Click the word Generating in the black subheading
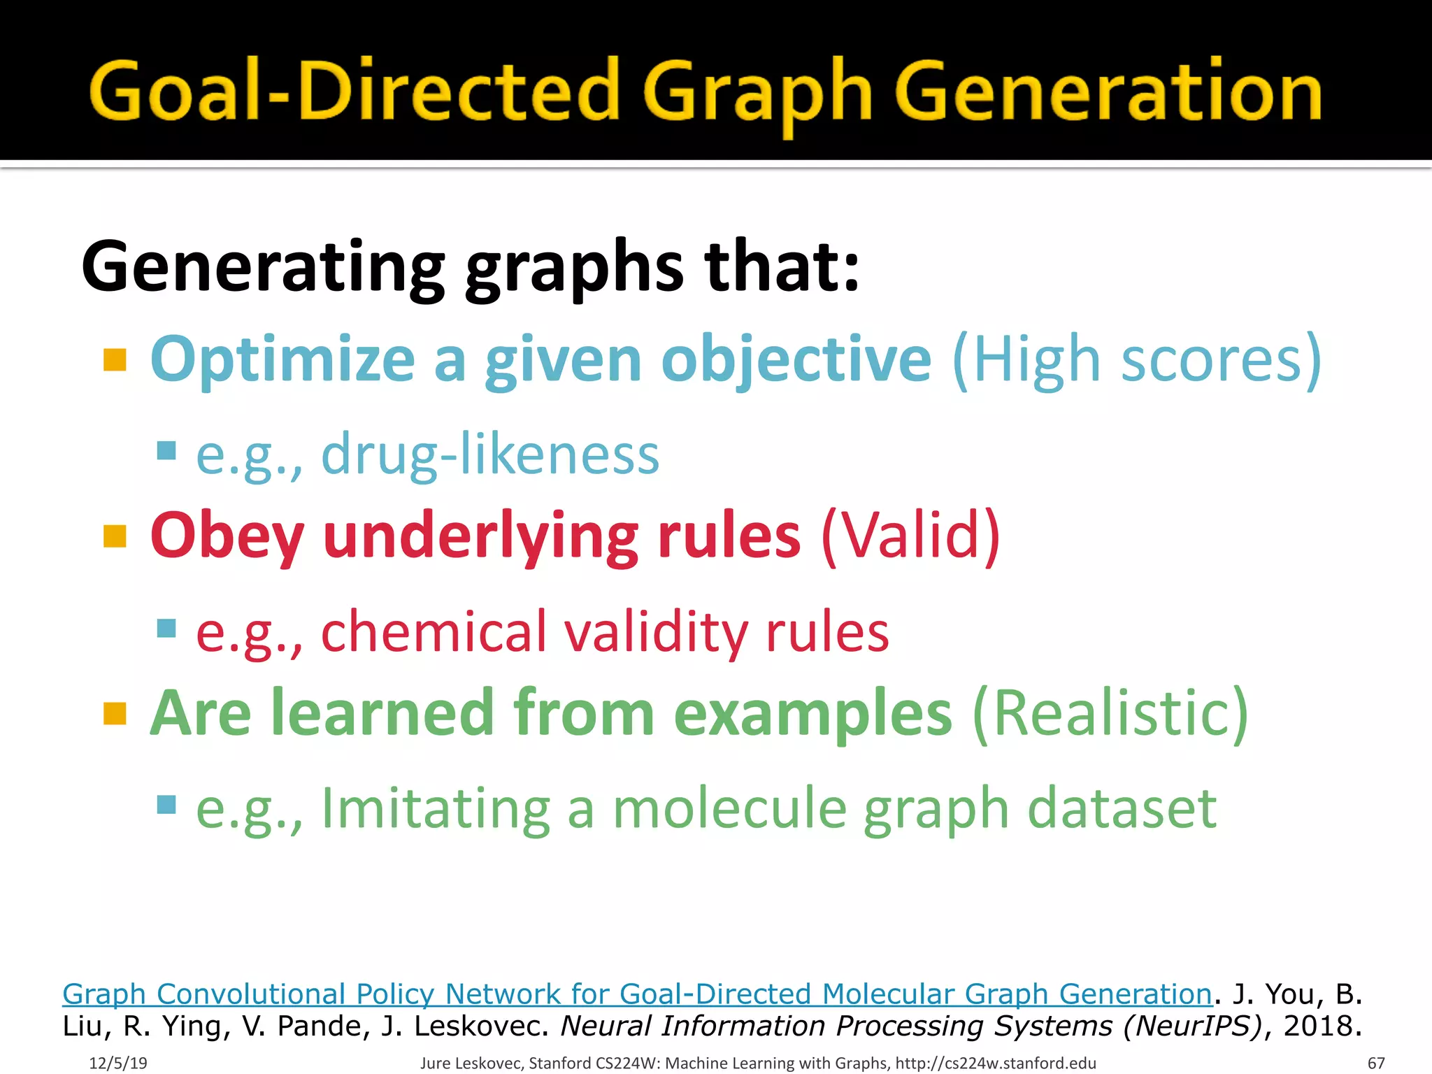(263, 266)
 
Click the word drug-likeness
(489, 454)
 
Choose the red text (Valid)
(910, 536)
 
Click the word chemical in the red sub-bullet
(433, 631)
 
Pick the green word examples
(812, 713)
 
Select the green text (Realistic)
(1110, 713)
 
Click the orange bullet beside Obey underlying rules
(115, 537)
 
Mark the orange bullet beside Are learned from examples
(115, 714)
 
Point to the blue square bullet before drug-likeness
(166, 450)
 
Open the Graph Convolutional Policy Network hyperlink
(636, 994)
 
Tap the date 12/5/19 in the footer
(118, 1063)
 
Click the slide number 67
(1375, 1063)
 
